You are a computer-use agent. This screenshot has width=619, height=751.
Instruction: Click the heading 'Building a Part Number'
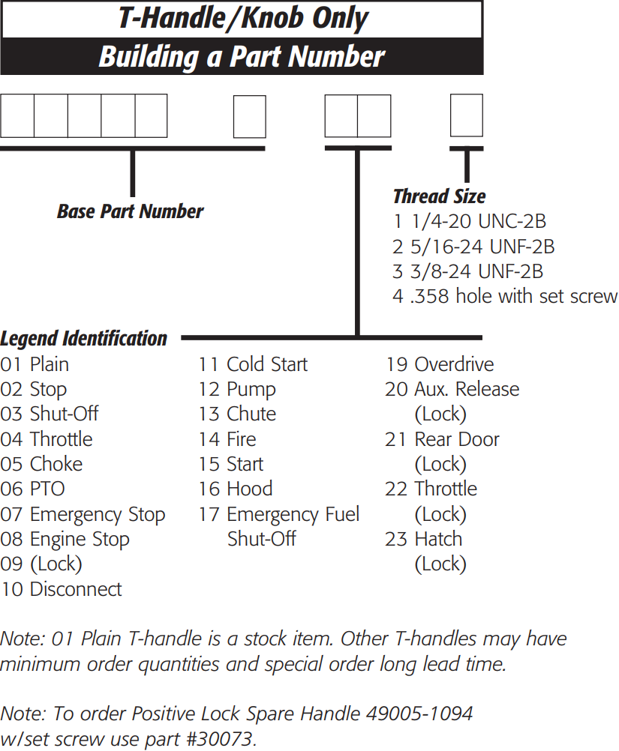[242, 57]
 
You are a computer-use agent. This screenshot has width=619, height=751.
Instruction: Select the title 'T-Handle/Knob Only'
[242, 19]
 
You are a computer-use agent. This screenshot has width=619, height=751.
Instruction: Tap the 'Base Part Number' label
[130, 211]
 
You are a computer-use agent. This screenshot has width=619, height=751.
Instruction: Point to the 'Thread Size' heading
[439, 196]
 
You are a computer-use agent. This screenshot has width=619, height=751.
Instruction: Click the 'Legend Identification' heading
[83, 339]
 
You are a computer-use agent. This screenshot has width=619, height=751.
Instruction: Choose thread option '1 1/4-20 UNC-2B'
[469, 221]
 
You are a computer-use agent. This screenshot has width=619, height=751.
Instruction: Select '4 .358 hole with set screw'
[504, 295]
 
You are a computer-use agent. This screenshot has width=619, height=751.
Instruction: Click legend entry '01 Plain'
[35, 364]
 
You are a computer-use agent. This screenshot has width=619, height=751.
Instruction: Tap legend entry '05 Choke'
[41, 464]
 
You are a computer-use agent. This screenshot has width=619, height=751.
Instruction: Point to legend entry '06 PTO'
[32, 489]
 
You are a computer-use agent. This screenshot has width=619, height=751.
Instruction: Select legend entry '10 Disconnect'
[61, 589]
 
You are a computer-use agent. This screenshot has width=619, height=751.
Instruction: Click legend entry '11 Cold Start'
[253, 364]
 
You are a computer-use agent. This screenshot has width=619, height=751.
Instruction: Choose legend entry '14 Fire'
[227, 439]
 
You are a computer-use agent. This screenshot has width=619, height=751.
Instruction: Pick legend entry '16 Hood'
[236, 489]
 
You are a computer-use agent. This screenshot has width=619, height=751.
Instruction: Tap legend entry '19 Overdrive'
[440, 364]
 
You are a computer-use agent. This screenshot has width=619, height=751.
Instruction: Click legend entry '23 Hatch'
[424, 539]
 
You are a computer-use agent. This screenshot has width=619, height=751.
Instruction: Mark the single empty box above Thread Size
[466, 115]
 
